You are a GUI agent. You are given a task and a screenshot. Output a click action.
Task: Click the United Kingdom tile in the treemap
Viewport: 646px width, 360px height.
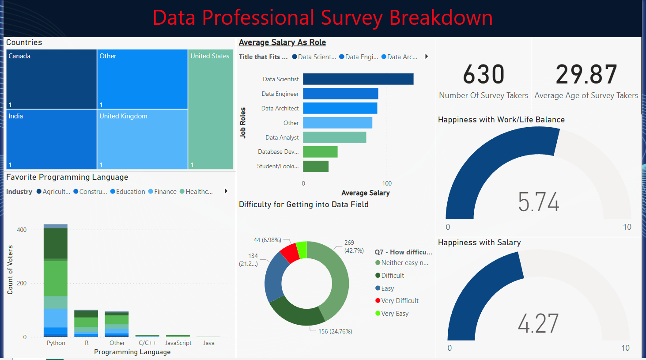(142, 139)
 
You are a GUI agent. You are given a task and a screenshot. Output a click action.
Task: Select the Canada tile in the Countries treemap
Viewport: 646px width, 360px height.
(51, 80)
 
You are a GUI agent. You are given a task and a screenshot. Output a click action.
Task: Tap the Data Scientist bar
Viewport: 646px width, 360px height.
(358, 79)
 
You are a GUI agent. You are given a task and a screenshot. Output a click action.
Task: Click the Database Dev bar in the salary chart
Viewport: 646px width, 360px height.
(320, 152)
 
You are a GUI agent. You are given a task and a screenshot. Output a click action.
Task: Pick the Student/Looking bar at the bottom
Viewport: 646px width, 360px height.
(316, 167)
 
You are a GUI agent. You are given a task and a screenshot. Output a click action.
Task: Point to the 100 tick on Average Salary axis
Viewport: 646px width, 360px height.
(387, 183)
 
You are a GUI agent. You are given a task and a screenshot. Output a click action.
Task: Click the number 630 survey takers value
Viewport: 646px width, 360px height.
(484, 74)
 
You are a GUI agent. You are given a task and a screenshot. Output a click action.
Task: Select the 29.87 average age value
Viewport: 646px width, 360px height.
(586, 74)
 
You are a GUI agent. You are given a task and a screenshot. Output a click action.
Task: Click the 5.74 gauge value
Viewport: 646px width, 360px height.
(538, 202)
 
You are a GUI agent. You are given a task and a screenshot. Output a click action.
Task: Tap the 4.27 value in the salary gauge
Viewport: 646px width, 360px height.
(538, 323)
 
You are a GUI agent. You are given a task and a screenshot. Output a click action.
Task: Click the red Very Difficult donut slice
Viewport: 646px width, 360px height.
(290, 253)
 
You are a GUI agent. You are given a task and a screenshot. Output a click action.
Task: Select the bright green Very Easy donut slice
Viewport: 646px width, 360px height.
(302, 249)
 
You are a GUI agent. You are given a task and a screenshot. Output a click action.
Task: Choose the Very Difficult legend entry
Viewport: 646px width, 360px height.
(400, 301)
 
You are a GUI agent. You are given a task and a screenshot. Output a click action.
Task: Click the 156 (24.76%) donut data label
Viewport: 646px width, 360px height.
(335, 331)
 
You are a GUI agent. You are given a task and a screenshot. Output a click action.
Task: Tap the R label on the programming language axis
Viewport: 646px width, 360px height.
(87, 343)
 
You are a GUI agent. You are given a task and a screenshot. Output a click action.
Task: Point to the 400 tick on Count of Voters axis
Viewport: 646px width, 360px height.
(22, 230)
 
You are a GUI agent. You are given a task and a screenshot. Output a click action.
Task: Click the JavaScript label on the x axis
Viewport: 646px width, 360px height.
(178, 343)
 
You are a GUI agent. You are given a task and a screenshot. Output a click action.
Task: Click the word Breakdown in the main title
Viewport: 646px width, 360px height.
(440, 18)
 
